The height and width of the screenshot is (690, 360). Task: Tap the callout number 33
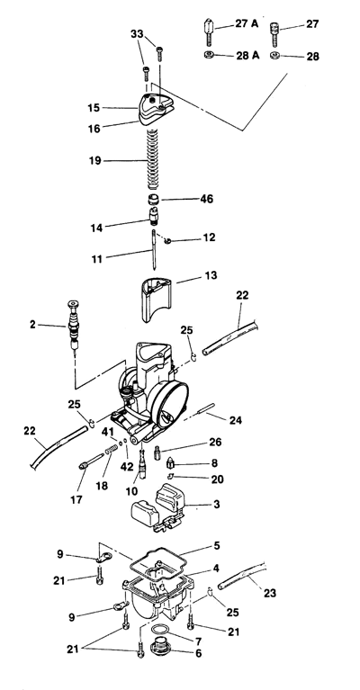tap(137, 34)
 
